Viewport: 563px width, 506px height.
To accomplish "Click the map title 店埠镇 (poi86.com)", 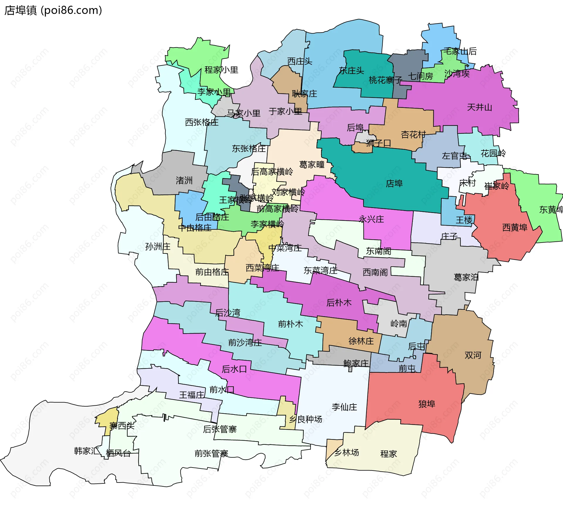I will [x=53, y=10].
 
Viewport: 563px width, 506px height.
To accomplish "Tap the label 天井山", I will [x=479, y=107].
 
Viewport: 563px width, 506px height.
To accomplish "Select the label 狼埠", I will [x=427, y=404].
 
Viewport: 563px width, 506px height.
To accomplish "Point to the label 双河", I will [x=473, y=355].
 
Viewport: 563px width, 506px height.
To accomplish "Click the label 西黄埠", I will [x=515, y=227].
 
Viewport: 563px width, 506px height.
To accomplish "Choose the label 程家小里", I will [x=221, y=70].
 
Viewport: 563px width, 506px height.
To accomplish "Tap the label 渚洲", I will [x=184, y=180].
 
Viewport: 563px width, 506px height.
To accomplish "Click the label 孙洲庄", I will [x=158, y=246].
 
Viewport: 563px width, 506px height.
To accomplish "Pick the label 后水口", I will [x=234, y=369].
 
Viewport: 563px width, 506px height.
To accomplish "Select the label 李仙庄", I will [x=344, y=407].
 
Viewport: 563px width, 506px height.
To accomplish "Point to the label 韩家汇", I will [x=87, y=451].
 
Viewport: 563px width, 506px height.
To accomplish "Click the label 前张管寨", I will [x=211, y=453].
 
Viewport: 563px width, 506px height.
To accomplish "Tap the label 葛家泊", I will [x=466, y=277].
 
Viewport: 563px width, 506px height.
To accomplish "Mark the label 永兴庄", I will [x=371, y=219].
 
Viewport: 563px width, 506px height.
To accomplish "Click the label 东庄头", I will [x=351, y=70].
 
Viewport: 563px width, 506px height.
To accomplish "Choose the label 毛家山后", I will [x=460, y=51].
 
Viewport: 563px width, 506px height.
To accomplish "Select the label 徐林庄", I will [x=361, y=341].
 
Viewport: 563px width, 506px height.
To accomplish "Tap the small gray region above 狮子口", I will [x=365, y=136].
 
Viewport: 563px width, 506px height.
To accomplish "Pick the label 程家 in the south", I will [x=388, y=454].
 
